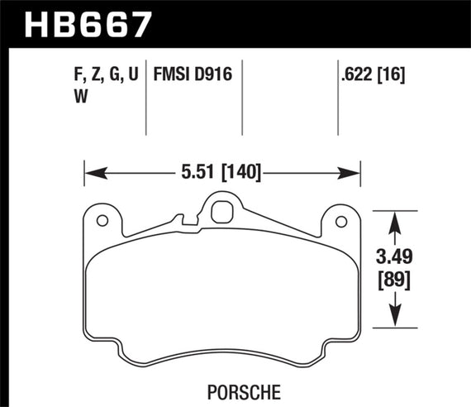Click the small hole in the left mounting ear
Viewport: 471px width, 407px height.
pos(103,221)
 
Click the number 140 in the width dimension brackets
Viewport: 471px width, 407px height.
pos(245,173)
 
